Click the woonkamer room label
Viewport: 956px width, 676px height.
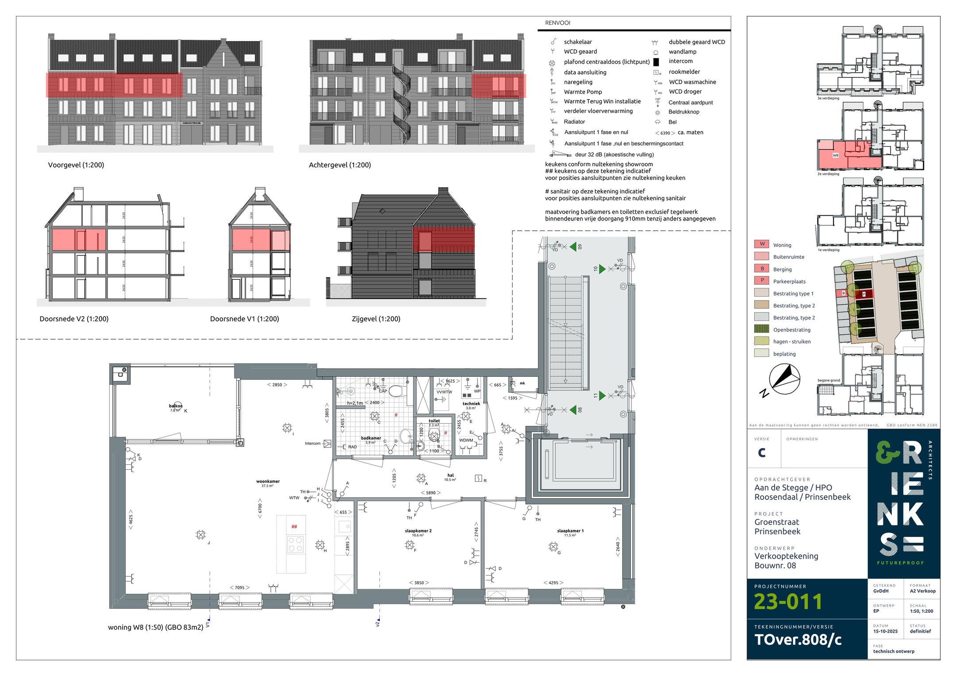point(268,482)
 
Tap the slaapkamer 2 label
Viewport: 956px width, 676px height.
point(418,531)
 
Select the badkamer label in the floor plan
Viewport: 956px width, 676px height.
point(370,438)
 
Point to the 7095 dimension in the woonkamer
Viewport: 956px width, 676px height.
point(239,587)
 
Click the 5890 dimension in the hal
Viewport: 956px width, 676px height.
point(431,493)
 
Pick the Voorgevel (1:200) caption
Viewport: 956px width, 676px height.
point(76,165)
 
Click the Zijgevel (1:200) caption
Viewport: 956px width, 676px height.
point(376,319)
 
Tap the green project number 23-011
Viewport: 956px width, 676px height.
point(788,602)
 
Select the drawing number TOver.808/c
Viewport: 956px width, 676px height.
point(798,640)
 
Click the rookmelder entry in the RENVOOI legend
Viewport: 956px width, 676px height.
point(684,72)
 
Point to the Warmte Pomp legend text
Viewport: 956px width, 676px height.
point(582,92)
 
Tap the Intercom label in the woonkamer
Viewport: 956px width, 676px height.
point(312,443)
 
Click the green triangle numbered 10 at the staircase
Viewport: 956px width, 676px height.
point(601,269)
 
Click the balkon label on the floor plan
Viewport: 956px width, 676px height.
point(175,406)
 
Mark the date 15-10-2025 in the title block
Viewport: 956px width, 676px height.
point(885,631)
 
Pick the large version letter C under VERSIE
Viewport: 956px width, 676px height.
point(761,452)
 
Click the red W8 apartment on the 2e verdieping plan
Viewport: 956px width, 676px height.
point(835,156)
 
